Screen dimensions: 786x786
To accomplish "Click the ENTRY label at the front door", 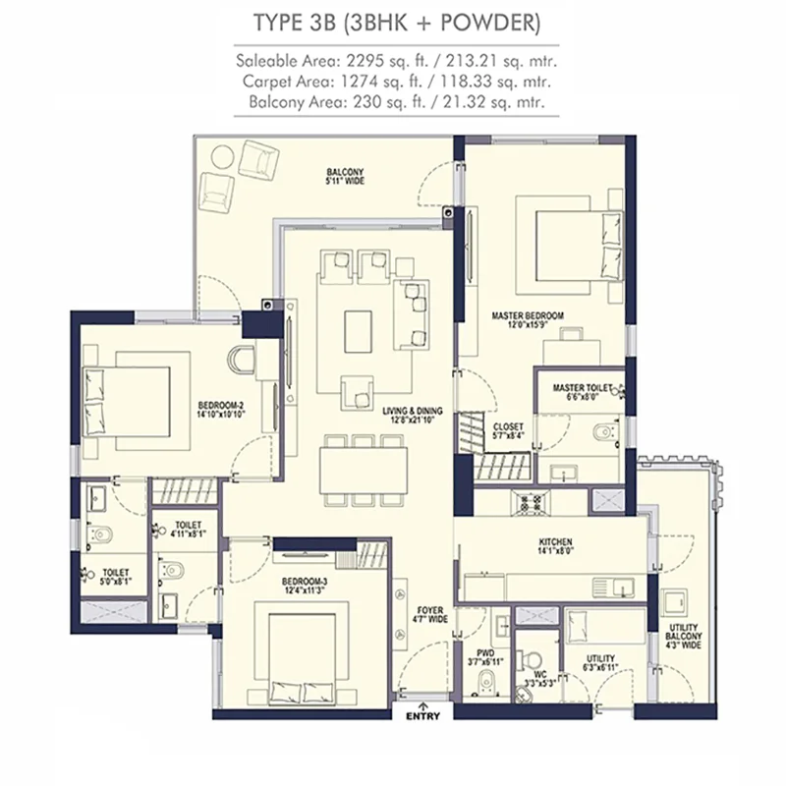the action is [422, 716].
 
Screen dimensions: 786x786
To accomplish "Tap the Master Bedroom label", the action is [528, 320].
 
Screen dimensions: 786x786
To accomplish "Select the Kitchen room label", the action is [555, 546].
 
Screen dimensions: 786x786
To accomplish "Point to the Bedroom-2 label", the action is [221, 410].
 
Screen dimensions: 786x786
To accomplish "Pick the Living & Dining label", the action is [413, 415].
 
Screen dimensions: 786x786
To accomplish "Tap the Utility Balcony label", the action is [683, 636].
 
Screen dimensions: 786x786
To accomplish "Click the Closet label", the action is [508, 431].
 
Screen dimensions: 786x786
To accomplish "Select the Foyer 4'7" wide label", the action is [430, 615].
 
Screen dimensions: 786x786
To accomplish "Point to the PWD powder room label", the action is [485, 657].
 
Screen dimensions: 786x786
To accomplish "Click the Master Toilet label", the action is [583, 392].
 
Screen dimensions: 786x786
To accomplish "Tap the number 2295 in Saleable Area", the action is [367, 61].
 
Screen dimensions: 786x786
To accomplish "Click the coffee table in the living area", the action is [358, 331].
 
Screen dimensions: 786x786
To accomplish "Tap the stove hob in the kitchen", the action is [531, 502].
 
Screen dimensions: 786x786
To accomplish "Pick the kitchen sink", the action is [612, 586].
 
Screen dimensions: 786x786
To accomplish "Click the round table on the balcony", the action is [222, 157].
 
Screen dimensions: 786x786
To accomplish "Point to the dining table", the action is [364, 470].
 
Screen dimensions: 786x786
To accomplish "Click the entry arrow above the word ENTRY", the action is [422, 706].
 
